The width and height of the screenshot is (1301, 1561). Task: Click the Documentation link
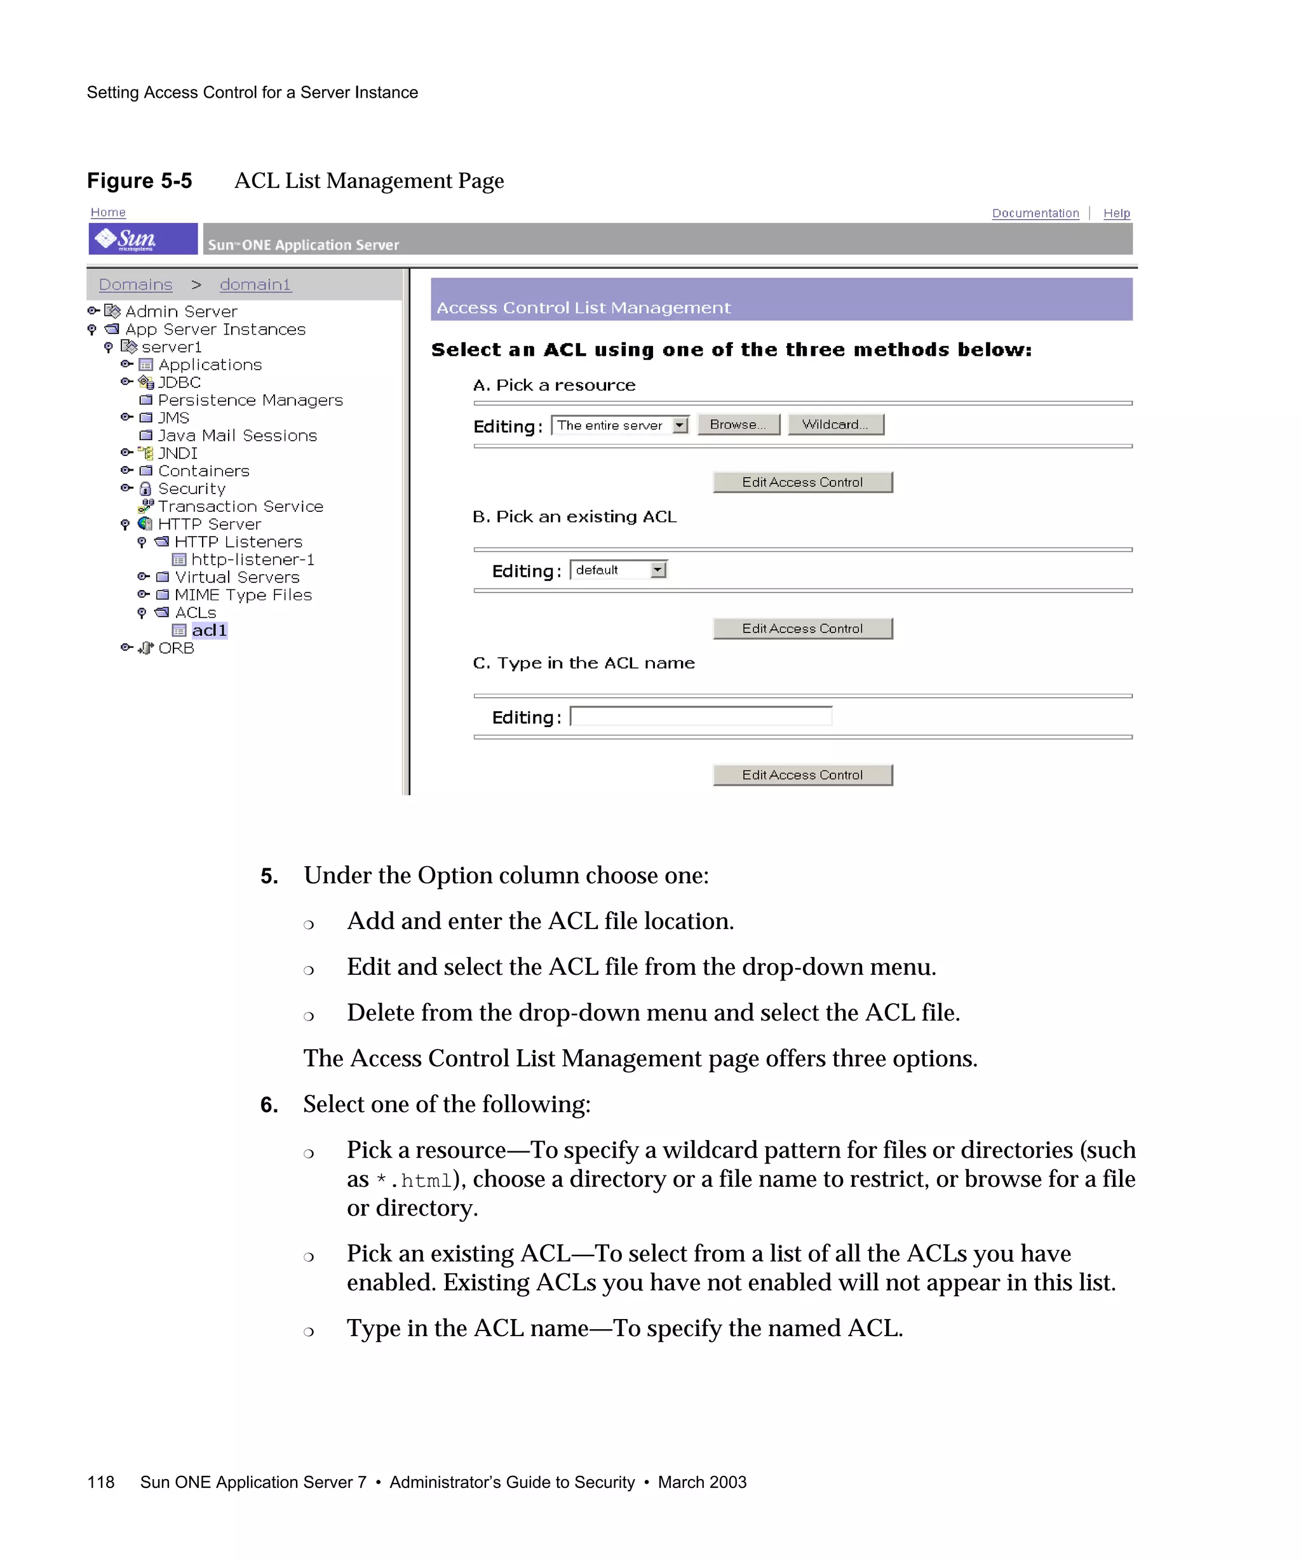coord(1035,213)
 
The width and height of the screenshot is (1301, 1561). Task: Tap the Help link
coord(1116,213)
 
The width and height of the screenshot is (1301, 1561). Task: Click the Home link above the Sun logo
coord(108,213)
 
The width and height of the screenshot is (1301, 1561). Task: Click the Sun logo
coord(143,239)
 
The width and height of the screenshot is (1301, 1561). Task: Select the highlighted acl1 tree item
coord(209,631)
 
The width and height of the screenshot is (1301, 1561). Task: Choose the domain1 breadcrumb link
coord(255,285)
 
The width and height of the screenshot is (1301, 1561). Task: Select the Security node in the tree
coord(191,488)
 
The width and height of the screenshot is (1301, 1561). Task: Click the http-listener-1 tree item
coord(252,559)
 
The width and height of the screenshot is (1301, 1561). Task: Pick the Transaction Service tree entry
coord(240,506)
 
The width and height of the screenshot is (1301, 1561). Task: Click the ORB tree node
coord(175,648)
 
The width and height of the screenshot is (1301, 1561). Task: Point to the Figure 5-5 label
coord(140,180)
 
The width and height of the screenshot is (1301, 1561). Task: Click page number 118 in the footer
coord(100,1482)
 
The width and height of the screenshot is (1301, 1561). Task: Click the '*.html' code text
coord(414,1181)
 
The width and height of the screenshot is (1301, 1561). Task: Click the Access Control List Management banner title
coord(584,308)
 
